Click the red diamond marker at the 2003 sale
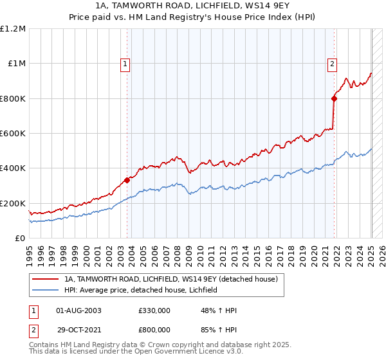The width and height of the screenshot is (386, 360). (x=127, y=181)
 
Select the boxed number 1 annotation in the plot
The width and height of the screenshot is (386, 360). (x=124, y=64)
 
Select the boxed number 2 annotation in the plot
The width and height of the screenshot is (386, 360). (x=332, y=64)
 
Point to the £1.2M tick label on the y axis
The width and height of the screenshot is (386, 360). (x=14, y=29)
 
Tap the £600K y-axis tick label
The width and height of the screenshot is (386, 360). (x=13, y=134)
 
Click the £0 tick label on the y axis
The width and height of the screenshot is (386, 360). (x=20, y=239)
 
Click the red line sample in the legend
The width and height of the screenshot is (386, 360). (x=46, y=280)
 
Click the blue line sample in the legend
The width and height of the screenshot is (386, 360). (x=46, y=291)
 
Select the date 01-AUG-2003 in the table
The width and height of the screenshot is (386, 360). (x=79, y=310)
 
